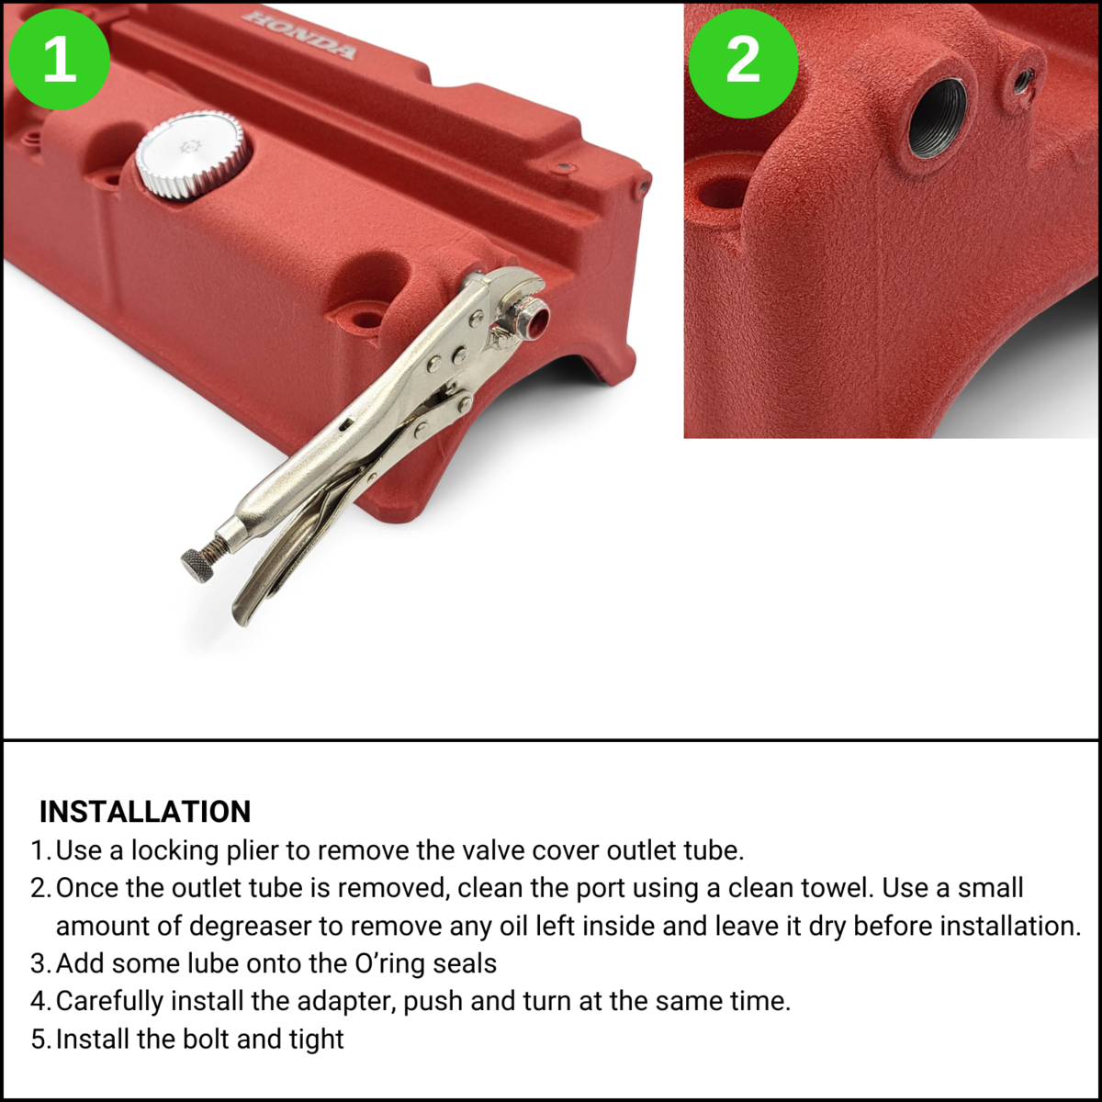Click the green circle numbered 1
click(59, 59)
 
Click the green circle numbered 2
click(743, 64)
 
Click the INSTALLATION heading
click(145, 812)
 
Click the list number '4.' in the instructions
click(41, 1002)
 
